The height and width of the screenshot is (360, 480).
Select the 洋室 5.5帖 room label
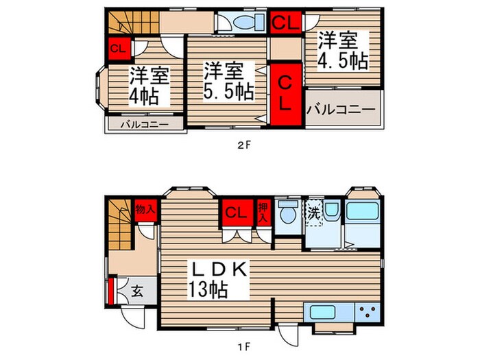tap(228, 80)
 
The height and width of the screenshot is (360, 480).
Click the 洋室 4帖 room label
tap(145, 86)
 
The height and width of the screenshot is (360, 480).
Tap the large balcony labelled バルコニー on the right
tap(341, 109)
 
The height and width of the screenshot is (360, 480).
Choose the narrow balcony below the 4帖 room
tap(145, 125)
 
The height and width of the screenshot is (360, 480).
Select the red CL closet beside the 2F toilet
tap(285, 23)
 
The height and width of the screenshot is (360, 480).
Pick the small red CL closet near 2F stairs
tap(117, 49)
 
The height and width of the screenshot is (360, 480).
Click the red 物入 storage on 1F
tap(144, 208)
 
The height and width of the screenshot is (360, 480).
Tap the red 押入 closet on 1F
tap(263, 211)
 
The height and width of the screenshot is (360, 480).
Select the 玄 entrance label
tap(136, 291)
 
